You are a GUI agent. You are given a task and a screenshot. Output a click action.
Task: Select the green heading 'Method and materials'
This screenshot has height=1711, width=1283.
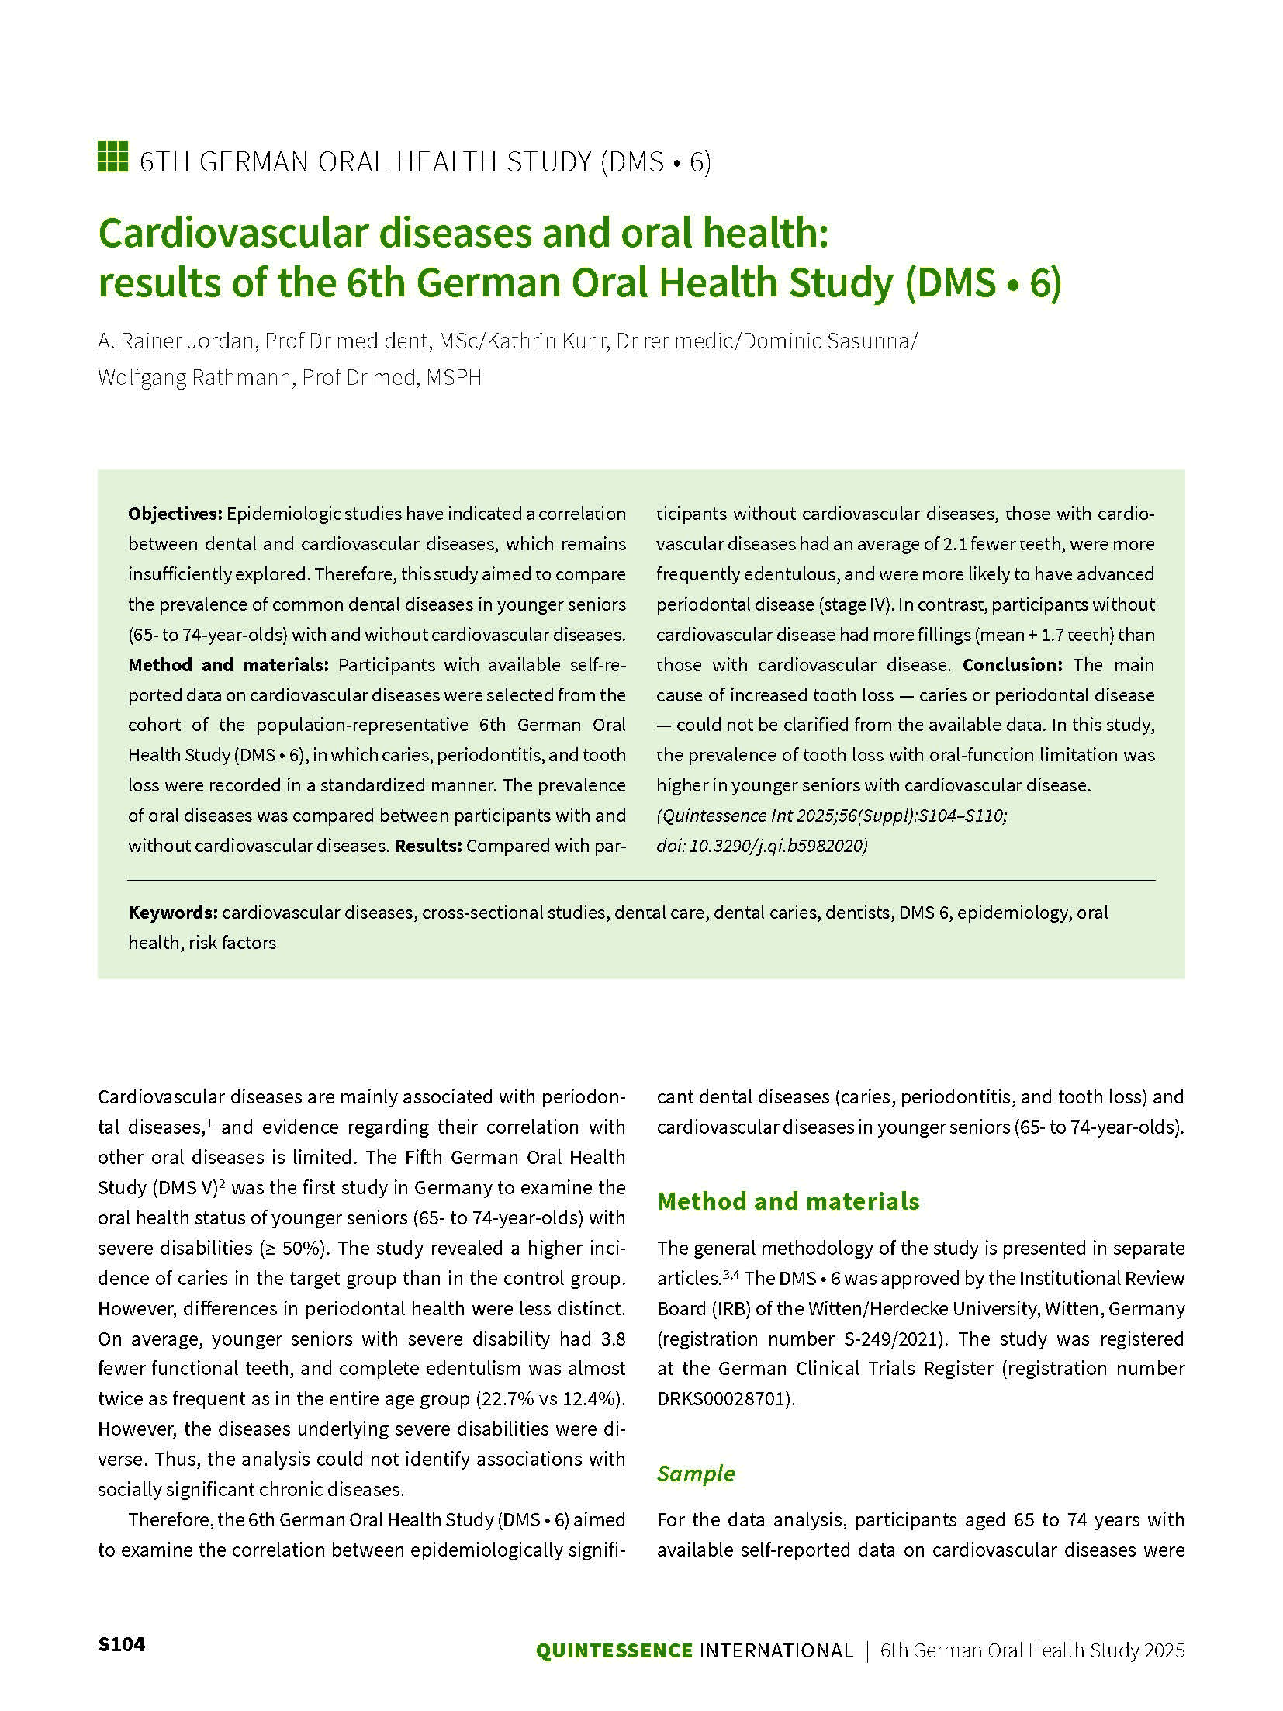click(788, 1201)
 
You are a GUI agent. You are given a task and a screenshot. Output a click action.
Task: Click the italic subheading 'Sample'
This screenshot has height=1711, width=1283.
click(695, 1473)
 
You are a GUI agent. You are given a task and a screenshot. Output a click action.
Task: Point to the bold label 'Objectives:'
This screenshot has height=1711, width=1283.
click(175, 514)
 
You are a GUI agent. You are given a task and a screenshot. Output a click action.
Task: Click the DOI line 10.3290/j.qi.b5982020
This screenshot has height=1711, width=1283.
click(762, 846)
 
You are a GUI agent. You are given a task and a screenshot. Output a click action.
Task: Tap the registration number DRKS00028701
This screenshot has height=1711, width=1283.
click(724, 1399)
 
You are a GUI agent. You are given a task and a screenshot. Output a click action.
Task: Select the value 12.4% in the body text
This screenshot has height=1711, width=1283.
click(595, 1399)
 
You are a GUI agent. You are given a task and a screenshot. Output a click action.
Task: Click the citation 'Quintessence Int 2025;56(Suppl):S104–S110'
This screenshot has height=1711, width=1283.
click(832, 816)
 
